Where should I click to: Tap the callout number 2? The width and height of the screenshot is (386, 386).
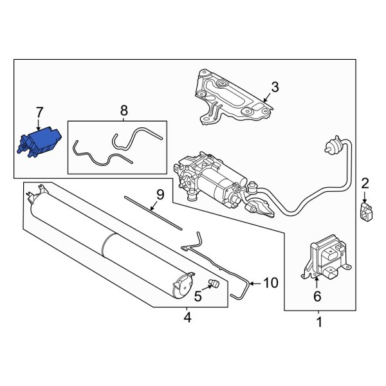coord(365,185)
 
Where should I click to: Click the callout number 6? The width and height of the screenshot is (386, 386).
coord(316,297)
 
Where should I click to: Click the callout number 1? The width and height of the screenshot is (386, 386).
coord(317,320)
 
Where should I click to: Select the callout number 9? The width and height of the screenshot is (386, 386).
coord(160,194)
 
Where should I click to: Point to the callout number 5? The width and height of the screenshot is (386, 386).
coord(198,296)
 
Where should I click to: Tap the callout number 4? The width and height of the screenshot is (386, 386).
coord(187,317)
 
